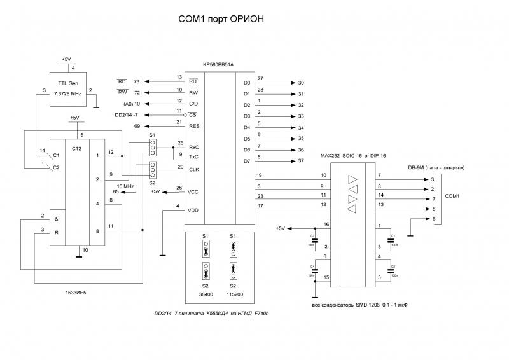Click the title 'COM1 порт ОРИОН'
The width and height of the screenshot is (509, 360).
pyautogui.click(x=221, y=20)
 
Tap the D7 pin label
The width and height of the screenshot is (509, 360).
pyautogui.click(x=247, y=161)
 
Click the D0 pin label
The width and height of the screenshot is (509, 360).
pyautogui.click(x=247, y=83)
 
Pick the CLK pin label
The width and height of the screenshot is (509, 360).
pyautogui.click(x=194, y=169)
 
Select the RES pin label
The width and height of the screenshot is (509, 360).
pyautogui.click(x=194, y=126)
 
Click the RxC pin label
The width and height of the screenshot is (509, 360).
pyautogui.click(x=194, y=147)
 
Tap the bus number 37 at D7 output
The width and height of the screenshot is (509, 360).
pyautogui.click(x=301, y=161)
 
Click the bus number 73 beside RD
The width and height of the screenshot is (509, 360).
pyautogui.click(x=136, y=82)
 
